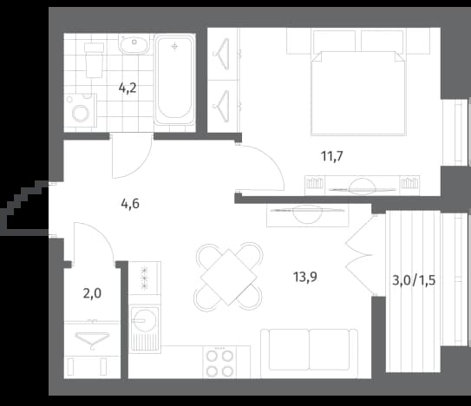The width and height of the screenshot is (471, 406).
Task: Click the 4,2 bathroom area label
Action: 128,88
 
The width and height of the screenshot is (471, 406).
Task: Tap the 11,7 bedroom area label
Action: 332,156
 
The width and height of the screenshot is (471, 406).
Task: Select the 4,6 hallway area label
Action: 130,204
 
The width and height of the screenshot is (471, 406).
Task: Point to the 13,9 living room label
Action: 304,277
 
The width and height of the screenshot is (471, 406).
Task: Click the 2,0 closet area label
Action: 92,293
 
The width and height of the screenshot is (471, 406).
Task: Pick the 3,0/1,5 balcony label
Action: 414,280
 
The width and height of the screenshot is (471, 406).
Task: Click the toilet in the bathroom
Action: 95,60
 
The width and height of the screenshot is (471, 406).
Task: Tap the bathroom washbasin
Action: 134,44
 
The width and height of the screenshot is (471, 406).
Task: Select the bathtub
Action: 174,80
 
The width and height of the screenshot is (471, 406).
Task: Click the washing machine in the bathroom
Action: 81,110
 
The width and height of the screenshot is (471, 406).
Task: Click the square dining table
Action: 229,277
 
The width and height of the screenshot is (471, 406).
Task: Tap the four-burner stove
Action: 219,362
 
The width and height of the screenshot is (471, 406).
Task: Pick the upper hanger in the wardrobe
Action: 222,54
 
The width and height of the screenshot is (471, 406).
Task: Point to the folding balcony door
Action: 360,255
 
